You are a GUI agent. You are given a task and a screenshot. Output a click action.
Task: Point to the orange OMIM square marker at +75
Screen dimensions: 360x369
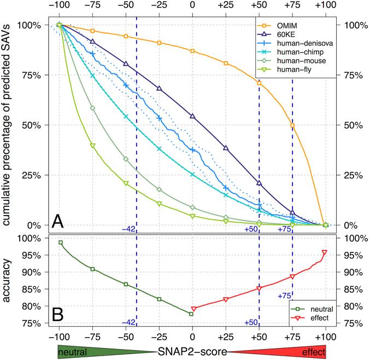[x=292, y=126]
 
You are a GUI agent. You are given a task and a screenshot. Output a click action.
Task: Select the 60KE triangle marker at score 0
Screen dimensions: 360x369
[x=192, y=116]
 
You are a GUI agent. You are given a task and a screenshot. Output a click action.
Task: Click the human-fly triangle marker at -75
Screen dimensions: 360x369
[x=92, y=146]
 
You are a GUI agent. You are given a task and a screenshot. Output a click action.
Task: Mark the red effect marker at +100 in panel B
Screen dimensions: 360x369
[x=325, y=252]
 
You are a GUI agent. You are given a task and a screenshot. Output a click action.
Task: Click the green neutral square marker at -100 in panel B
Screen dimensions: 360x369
[x=60, y=242]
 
